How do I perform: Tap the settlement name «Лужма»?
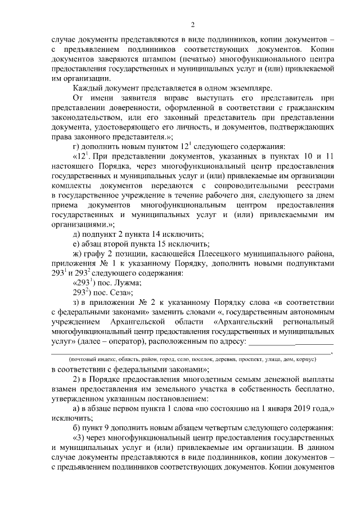click(x=128, y=283)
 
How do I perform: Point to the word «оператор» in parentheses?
click(x=147, y=341)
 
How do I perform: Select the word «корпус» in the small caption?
click(x=304, y=358)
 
